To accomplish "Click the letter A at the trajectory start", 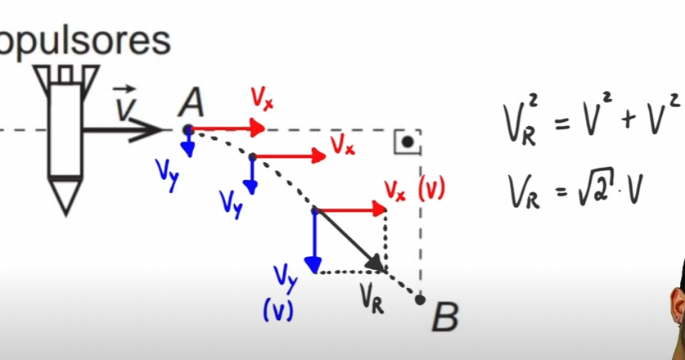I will pos(192,102).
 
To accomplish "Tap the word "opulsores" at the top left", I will pos(85,39).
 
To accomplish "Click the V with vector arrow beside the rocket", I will pos(125,104).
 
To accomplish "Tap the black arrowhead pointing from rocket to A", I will pos(155,128).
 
